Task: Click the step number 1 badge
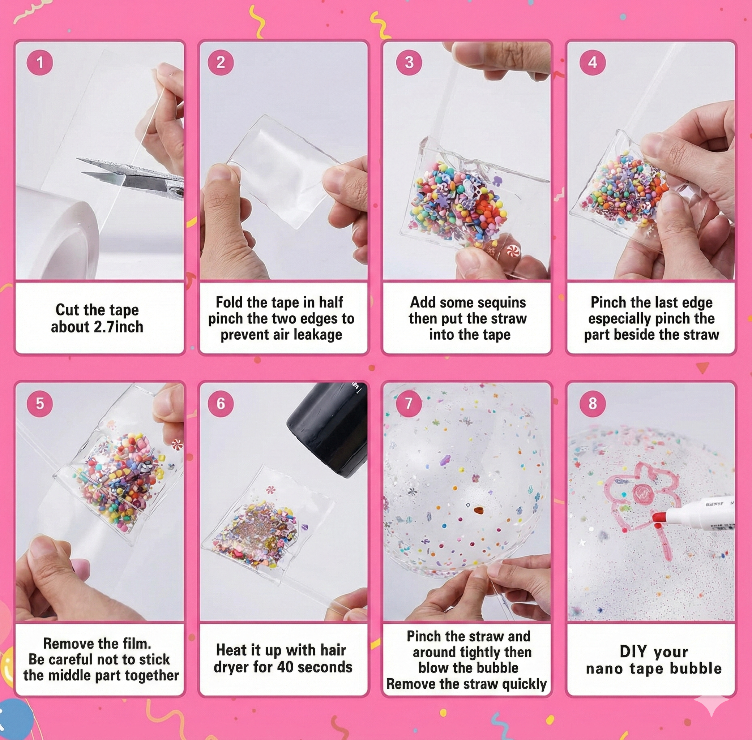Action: tap(40, 63)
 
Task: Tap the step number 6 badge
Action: tap(221, 404)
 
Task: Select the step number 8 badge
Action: tap(592, 404)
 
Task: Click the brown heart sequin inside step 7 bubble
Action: tap(478, 509)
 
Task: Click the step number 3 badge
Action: tap(409, 63)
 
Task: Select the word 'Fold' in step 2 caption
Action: tap(230, 302)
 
